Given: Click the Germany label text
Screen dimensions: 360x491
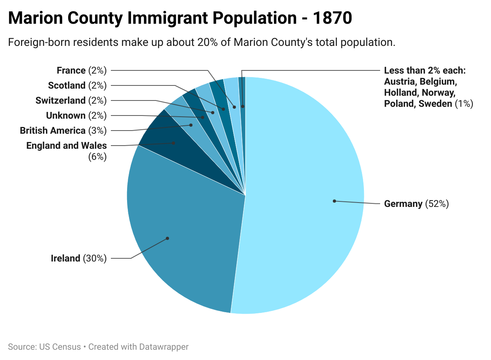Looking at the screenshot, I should click(403, 204).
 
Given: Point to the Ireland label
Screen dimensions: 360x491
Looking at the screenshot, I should click(66, 259).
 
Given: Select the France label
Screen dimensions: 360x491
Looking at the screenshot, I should click(71, 70).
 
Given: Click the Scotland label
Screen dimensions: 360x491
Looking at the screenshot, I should click(67, 85).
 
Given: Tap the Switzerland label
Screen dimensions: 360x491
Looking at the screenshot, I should click(61, 100).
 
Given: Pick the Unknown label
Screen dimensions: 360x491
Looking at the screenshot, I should click(66, 116).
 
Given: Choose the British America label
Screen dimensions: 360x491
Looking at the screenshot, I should click(53, 131).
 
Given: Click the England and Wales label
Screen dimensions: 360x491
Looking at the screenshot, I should click(67, 146).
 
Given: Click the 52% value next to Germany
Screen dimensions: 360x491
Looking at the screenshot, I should click(437, 204).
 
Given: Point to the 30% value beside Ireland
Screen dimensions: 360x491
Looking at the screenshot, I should click(95, 259).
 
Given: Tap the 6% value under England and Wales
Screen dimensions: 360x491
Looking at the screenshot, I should click(97, 157).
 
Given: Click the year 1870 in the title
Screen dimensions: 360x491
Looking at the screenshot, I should click(332, 19).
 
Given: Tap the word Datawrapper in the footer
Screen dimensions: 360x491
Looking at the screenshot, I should click(164, 347).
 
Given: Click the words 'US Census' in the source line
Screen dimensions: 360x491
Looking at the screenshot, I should click(60, 347).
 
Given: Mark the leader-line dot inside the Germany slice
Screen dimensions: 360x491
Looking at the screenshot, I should click(334, 201).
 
